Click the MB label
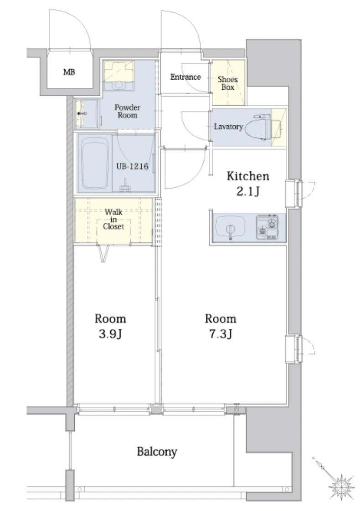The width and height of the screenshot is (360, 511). pos(69,72)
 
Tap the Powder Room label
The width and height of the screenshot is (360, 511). pos(127,111)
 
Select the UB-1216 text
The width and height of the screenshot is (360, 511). pos(132,166)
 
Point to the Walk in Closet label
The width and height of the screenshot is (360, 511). pos(113,220)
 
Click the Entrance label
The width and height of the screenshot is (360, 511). pos(185,77)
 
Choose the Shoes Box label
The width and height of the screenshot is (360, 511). pos(227,83)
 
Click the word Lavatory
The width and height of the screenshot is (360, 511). pos(228,127)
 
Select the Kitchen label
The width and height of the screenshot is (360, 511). pos(248,176)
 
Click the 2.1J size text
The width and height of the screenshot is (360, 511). pos(248,192)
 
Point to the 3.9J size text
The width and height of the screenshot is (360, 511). pos(110,334)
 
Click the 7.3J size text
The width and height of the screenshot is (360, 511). pos(221,334)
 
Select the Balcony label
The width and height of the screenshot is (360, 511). pos(157,452)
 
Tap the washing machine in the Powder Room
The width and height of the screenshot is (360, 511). pos(118,76)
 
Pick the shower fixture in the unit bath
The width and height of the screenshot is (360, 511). pos(125,186)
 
